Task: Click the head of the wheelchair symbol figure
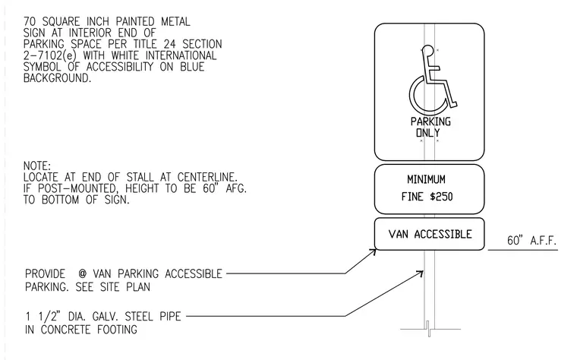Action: (427, 50)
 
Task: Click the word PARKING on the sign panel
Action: (430, 122)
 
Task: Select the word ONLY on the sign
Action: (427, 132)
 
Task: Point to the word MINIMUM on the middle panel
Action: (426, 179)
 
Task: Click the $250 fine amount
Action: (441, 197)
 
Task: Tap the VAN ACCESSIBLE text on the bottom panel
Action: (430, 234)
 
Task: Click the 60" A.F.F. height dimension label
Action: (531, 241)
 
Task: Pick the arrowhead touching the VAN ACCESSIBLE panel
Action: (374, 252)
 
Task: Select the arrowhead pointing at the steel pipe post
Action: (420, 273)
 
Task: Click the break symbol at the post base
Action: (429, 329)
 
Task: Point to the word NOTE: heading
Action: (37, 166)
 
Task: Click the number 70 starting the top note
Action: (30, 22)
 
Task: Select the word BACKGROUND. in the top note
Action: (57, 78)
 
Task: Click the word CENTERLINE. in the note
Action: (207, 177)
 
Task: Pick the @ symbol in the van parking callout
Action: (83, 274)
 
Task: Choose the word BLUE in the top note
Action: (192, 67)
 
